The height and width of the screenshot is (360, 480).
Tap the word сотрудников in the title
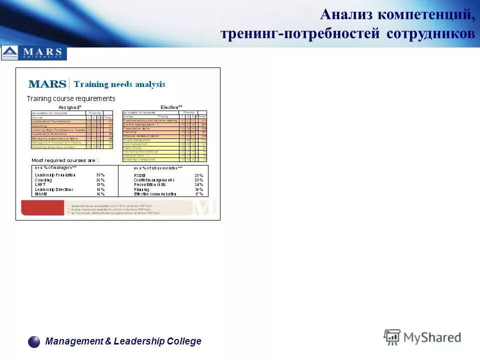tap(430, 33)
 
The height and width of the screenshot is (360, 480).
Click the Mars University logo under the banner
tap(33, 52)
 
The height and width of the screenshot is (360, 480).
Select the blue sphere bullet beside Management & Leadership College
tap(34, 341)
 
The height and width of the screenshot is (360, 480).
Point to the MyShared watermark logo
tap(422, 337)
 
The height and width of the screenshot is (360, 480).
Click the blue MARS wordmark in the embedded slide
tap(47, 84)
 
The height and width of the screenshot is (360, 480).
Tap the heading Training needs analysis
tap(119, 84)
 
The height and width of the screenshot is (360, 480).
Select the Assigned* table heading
tap(69, 107)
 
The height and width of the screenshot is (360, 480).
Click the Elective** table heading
tap(171, 107)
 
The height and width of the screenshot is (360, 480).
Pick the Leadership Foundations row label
tap(51, 121)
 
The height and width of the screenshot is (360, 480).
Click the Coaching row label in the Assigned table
tap(39, 126)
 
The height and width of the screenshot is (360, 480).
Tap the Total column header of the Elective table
tap(202, 116)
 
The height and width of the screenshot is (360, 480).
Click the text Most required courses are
tap(65, 160)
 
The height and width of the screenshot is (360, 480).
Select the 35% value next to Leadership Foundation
tap(100, 175)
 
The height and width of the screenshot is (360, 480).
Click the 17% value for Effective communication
tap(199, 194)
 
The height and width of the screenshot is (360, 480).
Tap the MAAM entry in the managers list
tap(40, 194)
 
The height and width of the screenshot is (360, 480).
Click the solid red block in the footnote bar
tap(43, 208)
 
